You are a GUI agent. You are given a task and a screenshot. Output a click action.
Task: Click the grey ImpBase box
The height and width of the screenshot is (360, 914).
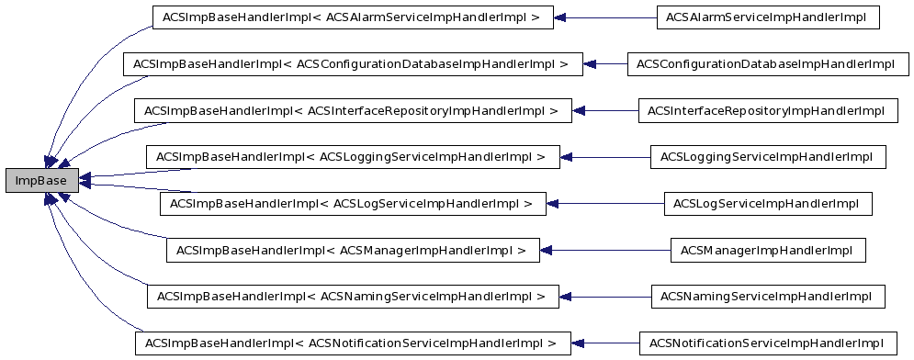(41, 180)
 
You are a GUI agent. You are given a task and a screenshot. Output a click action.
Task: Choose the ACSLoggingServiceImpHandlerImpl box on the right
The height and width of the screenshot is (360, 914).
(768, 157)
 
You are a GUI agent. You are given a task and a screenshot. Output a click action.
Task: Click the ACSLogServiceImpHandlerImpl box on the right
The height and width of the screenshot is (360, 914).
(767, 203)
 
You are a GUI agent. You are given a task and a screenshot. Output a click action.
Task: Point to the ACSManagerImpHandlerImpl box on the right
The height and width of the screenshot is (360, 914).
(767, 250)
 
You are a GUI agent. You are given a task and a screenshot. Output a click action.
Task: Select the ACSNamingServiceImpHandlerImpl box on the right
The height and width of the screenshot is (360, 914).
(767, 297)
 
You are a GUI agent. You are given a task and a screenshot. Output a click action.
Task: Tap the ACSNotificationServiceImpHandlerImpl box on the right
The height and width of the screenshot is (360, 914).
(766, 343)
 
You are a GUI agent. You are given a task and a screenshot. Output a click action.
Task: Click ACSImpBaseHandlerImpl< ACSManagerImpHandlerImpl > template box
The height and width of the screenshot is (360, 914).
(353, 250)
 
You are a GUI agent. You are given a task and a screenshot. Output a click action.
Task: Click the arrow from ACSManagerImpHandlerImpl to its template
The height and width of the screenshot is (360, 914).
(606, 250)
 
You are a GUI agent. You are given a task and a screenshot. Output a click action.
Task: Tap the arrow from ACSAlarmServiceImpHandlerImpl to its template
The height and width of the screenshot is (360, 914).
(606, 17)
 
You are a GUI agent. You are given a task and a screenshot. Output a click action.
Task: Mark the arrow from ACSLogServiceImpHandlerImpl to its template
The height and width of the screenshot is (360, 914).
(606, 203)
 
